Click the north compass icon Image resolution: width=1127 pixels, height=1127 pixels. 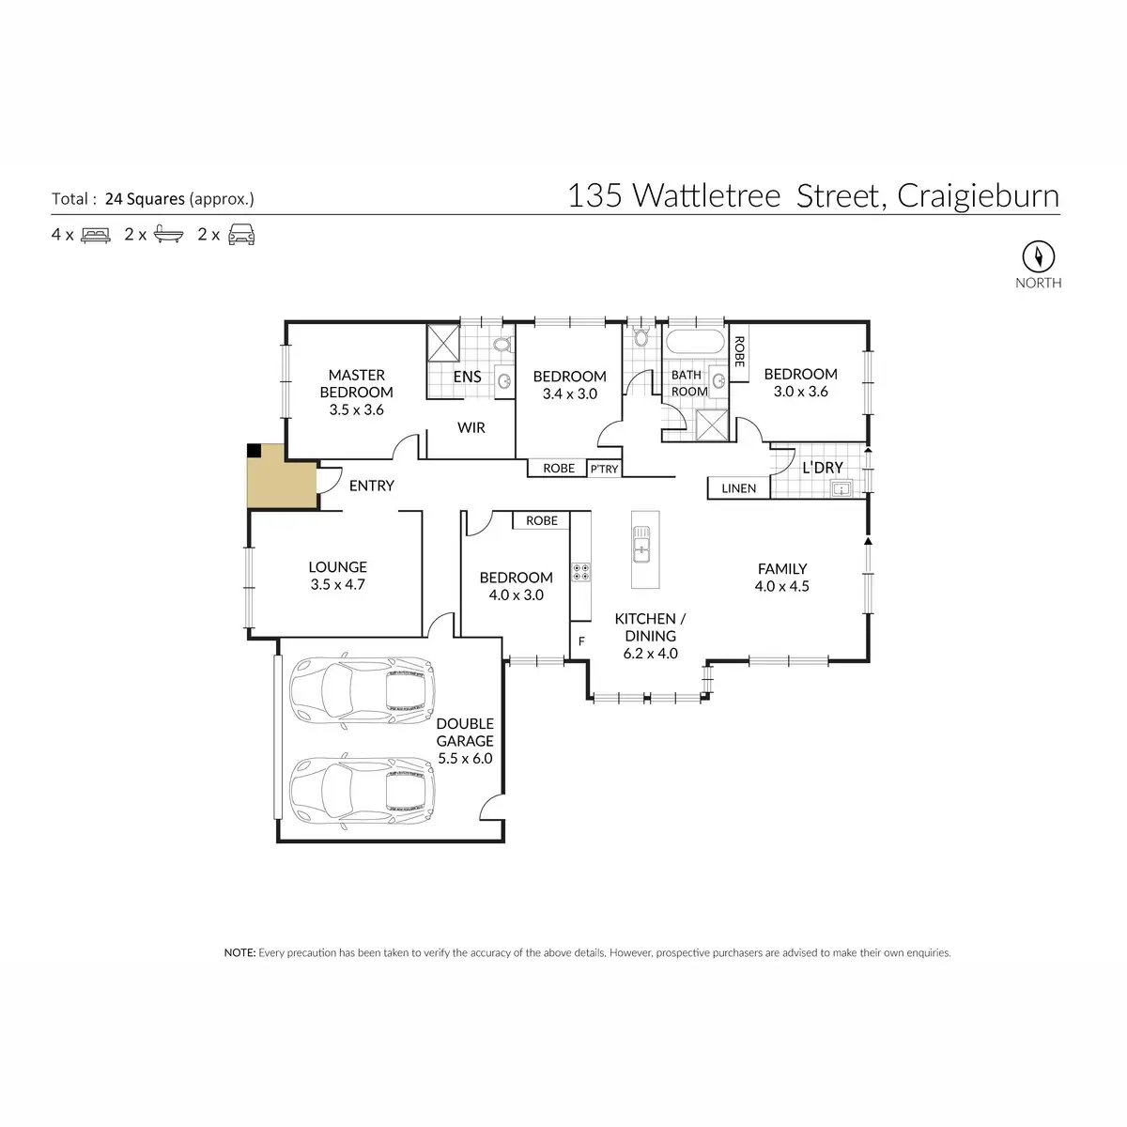1038,255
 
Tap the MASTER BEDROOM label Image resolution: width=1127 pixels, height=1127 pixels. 356,383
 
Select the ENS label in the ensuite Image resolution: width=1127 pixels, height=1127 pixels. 468,377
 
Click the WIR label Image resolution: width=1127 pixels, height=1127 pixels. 471,427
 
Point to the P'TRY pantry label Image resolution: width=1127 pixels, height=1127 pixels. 604,469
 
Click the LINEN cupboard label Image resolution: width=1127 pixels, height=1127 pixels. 738,488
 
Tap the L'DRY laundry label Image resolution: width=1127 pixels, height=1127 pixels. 823,468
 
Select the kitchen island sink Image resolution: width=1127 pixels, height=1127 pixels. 642,545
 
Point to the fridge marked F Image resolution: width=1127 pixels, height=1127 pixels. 581,641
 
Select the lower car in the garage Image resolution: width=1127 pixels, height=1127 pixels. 363,789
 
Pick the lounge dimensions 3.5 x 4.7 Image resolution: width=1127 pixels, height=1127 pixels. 337,584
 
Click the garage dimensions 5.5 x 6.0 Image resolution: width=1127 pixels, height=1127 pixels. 464,758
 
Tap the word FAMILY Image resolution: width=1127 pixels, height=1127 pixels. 782,568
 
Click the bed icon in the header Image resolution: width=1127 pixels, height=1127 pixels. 96,235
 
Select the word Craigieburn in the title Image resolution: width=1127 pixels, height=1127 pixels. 978,195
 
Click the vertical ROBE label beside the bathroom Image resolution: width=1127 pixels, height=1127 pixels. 739,352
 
